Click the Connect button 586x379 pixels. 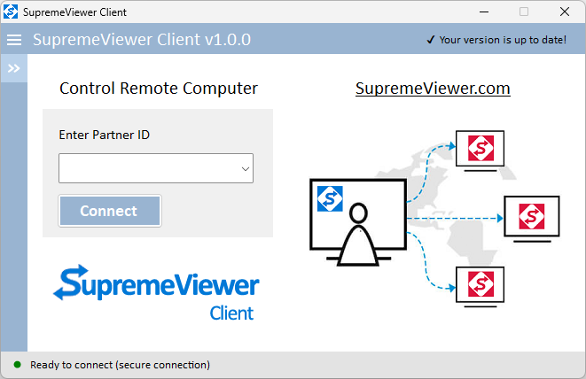pyautogui.click(x=110, y=211)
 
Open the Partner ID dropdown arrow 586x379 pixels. pyautogui.click(x=246, y=169)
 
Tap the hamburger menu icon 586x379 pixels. pyautogui.click(x=14, y=40)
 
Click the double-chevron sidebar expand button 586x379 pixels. pyautogui.click(x=14, y=68)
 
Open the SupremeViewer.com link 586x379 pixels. pyautogui.click(x=433, y=89)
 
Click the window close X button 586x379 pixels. pyautogui.click(x=565, y=12)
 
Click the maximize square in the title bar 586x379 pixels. pyautogui.click(x=524, y=12)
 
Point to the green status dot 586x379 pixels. pyautogui.click(x=17, y=365)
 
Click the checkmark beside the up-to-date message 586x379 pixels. pyautogui.click(x=431, y=40)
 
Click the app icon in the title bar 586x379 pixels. pyautogui.click(x=11, y=12)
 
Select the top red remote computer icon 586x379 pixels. pyautogui.click(x=481, y=148)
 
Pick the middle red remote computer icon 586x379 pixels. pyautogui.click(x=532, y=216)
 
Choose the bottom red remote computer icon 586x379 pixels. pyautogui.click(x=481, y=284)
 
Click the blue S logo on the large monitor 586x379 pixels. pyautogui.click(x=330, y=198)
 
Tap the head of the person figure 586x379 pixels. pyautogui.click(x=358, y=213)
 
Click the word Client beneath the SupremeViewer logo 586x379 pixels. pyautogui.click(x=231, y=313)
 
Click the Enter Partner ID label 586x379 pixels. pyautogui.click(x=105, y=135)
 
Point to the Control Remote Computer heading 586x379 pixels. pyautogui.click(x=159, y=89)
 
